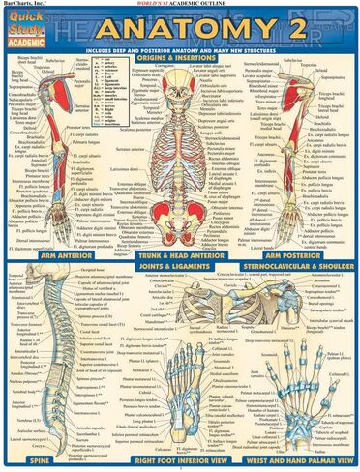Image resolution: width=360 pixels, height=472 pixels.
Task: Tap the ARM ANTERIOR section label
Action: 44,257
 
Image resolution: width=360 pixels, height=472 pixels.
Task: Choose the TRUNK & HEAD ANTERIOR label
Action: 179,257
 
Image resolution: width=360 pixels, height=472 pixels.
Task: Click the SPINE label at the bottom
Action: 44,462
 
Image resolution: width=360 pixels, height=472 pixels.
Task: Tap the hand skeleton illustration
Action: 290,387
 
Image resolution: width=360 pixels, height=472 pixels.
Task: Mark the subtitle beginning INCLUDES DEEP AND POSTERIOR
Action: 180,46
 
